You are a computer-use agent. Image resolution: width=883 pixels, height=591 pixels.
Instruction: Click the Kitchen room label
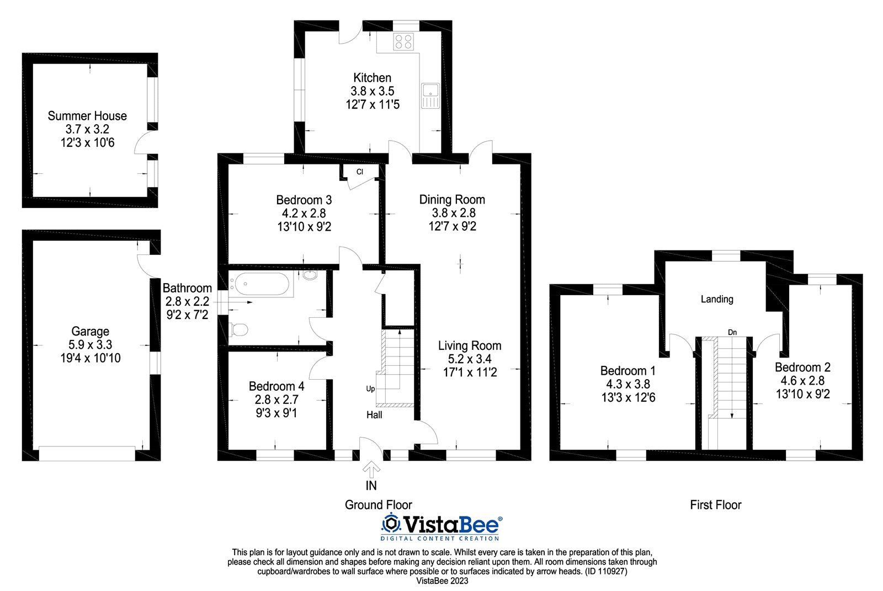372,78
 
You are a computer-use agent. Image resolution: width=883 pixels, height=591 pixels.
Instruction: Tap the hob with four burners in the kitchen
403,41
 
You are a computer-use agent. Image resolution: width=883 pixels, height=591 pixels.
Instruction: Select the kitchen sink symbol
430,95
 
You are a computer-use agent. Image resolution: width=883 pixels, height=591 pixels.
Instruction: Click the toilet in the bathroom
238,329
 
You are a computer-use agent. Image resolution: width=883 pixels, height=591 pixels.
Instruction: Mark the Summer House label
87,116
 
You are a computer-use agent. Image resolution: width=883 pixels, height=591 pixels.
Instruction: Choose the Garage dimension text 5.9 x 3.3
91,344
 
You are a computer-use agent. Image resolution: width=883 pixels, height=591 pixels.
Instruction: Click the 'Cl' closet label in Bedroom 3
359,172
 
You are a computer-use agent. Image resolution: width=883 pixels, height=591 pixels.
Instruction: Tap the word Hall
374,415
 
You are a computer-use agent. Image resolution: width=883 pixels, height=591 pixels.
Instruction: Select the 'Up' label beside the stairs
370,388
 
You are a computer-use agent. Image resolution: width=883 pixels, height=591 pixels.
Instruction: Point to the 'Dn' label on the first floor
732,332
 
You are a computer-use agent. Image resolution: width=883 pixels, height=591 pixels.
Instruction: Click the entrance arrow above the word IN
371,470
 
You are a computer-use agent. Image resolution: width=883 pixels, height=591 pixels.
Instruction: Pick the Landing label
717,299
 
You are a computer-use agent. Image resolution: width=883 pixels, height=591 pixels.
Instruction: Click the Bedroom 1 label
628,371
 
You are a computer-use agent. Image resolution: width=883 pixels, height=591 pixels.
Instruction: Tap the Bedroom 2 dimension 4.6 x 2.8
802,380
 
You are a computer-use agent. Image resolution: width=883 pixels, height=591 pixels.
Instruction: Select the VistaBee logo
441,526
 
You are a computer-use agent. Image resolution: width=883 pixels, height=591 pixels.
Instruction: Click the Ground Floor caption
379,505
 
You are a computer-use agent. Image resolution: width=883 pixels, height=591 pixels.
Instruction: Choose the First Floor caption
715,505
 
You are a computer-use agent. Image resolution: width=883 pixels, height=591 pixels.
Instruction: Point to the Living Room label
470,346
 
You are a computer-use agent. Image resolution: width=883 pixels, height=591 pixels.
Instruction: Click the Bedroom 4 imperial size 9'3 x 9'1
276,413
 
